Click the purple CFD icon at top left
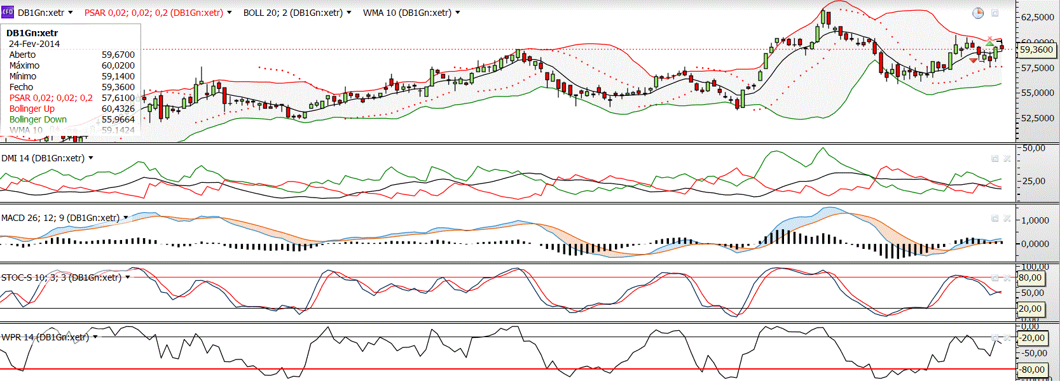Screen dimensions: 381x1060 (8, 12)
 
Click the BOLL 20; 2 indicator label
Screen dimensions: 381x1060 (293, 13)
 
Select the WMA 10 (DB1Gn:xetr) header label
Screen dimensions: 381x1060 (407, 13)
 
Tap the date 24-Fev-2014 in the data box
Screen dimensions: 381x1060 (34, 44)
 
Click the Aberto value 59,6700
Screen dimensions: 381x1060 (118, 55)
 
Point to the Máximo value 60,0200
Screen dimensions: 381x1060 (118, 65)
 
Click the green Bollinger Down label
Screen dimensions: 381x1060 (38, 119)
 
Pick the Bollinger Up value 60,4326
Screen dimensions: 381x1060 (118, 109)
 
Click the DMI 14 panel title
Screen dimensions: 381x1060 (43, 158)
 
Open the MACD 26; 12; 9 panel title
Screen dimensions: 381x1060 (60, 218)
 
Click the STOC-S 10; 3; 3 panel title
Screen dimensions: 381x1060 (61, 277)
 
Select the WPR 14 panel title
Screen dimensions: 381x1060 (45, 337)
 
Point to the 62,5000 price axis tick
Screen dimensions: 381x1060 (1038, 17)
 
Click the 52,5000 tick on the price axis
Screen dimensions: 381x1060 (1038, 118)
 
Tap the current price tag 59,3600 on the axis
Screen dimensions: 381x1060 (1036, 50)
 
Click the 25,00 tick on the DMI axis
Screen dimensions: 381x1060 (1033, 181)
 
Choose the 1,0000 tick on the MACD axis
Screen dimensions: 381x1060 (1035, 220)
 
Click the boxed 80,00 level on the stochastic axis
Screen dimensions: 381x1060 (1030, 277)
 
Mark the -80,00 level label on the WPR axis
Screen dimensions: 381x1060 (1033, 369)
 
